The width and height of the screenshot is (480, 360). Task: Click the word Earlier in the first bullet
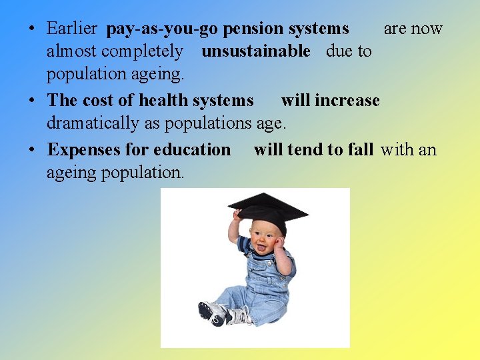click(x=72, y=29)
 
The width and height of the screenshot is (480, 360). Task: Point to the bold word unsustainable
click(x=256, y=51)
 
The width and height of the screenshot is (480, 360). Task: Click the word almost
click(x=71, y=51)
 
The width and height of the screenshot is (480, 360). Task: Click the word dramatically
click(x=93, y=123)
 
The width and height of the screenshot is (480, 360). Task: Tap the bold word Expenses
click(x=83, y=150)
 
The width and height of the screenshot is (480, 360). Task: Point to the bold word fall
click(x=360, y=150)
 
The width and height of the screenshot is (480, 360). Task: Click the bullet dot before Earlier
click(x=32, y=29)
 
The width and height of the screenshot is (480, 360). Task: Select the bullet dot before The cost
click(x=32, y=101)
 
